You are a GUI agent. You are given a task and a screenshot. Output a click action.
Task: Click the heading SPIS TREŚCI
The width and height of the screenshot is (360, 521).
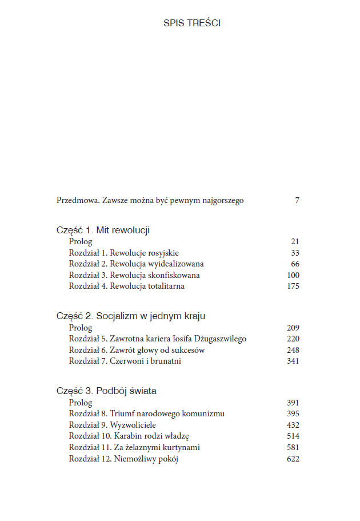[x=192, y=23]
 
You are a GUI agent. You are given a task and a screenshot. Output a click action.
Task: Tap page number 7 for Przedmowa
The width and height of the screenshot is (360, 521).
[x=297, y=201]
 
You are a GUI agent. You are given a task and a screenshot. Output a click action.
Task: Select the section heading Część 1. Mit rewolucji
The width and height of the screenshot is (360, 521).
[x=103, y=230]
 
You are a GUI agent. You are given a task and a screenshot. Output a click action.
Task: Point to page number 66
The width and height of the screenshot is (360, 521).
[x=295, y=264]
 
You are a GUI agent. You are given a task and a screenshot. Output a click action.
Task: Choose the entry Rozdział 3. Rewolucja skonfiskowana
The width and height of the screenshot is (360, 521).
[x=134, y=275]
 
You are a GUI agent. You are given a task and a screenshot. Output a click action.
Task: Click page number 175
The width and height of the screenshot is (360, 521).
[x=293, y=287]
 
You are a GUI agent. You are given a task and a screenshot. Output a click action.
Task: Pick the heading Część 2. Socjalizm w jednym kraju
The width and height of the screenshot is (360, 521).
[x=131, y=316]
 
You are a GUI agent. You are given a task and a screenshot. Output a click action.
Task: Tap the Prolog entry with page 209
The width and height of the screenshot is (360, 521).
[x=81, y=328]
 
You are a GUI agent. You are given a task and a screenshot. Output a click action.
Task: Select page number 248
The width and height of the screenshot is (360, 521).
[x=293, y=350]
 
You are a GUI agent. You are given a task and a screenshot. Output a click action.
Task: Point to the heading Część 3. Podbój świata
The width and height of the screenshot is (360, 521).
[x=106, y=391]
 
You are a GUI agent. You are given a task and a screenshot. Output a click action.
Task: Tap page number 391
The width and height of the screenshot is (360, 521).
[x=293, y=403]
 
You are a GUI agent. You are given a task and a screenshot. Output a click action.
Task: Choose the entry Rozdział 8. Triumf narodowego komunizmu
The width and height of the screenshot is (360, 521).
[x=147, y=413]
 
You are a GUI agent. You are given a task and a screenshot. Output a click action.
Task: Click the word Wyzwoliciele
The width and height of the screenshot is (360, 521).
[x=133, y=425]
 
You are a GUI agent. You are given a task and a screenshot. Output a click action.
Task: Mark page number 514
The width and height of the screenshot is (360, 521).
[x=293, y=436]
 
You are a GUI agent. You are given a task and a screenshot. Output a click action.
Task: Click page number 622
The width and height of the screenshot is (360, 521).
[x=293, y=459]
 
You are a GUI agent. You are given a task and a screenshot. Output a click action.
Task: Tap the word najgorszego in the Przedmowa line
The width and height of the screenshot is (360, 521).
[x=221, y=201]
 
